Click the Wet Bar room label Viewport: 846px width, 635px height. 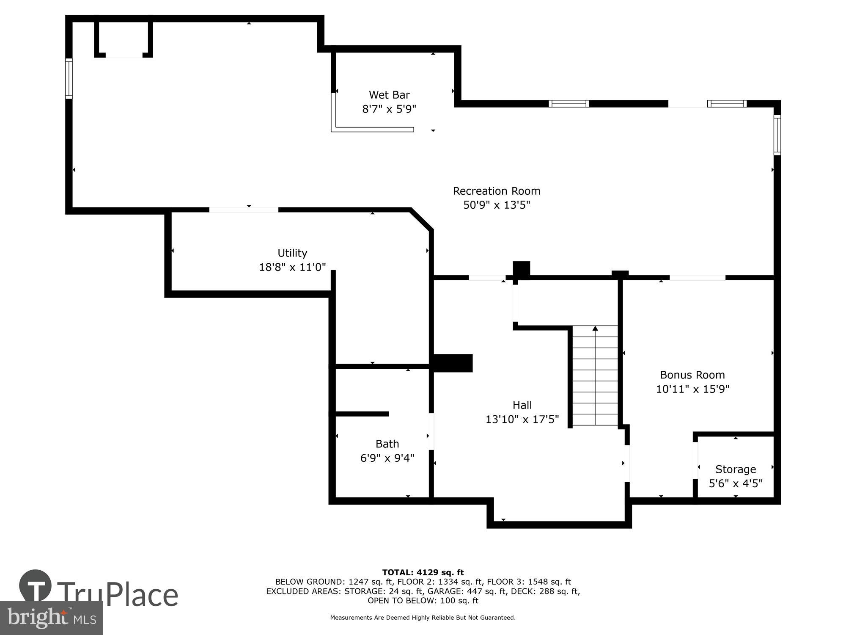[x=389, y=95]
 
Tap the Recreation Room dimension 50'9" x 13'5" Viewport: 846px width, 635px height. [x=497, y=205]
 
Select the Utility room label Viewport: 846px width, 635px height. [x=292, y=253]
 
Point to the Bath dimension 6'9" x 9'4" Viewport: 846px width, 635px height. [x=387, y=458]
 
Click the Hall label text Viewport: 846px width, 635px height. [x=522, y=405]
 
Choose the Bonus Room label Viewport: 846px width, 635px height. [x=692, y=375]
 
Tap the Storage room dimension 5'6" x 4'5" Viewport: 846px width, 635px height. [x=736, y=483]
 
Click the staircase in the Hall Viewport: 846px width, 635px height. [x=595, y=377]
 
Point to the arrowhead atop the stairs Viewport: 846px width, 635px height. [x=595, y=328]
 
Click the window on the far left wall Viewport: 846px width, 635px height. [x=69, y=79]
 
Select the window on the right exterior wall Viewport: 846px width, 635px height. [x=777, y=135]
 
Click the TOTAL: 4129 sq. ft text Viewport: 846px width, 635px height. [x=423, y=573]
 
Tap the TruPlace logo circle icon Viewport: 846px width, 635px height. [x=36, y=585]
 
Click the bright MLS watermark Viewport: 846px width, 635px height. [x=52, y=618]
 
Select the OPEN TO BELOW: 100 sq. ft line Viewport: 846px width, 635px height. [x=423, y=601]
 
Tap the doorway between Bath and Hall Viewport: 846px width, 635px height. [x=431, y=431]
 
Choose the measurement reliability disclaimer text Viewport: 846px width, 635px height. [x=423, y=618]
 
